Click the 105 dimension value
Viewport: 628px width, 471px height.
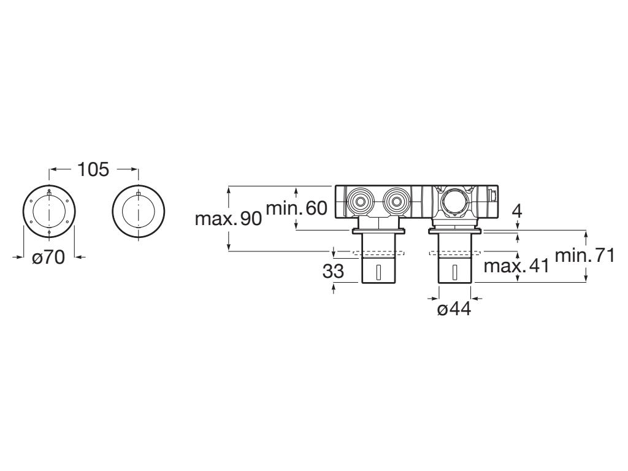pyautogui.click(x=93, y=169)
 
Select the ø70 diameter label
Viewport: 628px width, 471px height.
pyautogui.click(x=48, y=258)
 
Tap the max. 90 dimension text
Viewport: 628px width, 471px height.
pyautogui.click(x=228, y=218)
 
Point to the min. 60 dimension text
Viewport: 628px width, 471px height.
pyautogui.click(x=296, y=208)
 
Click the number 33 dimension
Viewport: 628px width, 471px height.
pyautogui.click(x=333, y=270)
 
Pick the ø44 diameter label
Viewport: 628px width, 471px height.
pyautogui.click(x=454, y=309)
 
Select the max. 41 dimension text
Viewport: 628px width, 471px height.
pyautogui.click(x=516, y=266)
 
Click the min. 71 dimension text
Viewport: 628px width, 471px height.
pyautogui.click(x=584, y=256)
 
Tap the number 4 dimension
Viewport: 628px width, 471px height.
pyautogui.click(x=516, y=212)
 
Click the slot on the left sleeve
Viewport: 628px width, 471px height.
pyautogui.click(x=378, y=272)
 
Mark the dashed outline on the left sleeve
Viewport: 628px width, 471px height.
pyautogui.click(x=378, y=252)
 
